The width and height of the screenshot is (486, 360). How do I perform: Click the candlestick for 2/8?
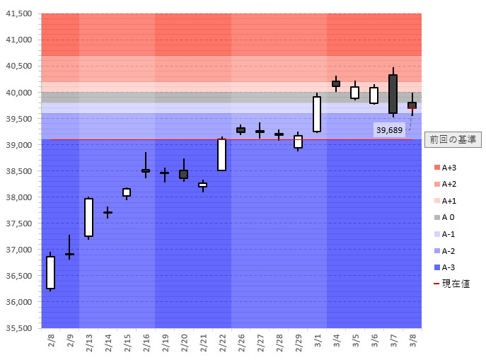point(51,272)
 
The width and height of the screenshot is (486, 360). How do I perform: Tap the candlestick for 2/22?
point(221,154)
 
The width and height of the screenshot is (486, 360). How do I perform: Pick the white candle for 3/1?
point(317,114)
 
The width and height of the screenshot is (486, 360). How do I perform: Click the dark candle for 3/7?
point(393,93)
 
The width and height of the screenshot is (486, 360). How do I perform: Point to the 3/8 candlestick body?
point(412,105)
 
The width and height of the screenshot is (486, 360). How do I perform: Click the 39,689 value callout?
point(389,130)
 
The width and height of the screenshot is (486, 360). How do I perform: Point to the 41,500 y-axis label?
point(19,14)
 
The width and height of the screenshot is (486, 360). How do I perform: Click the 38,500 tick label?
point(19,171)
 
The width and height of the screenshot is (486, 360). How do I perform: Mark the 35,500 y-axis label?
point(19,328)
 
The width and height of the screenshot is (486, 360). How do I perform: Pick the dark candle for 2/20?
point(184,174)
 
